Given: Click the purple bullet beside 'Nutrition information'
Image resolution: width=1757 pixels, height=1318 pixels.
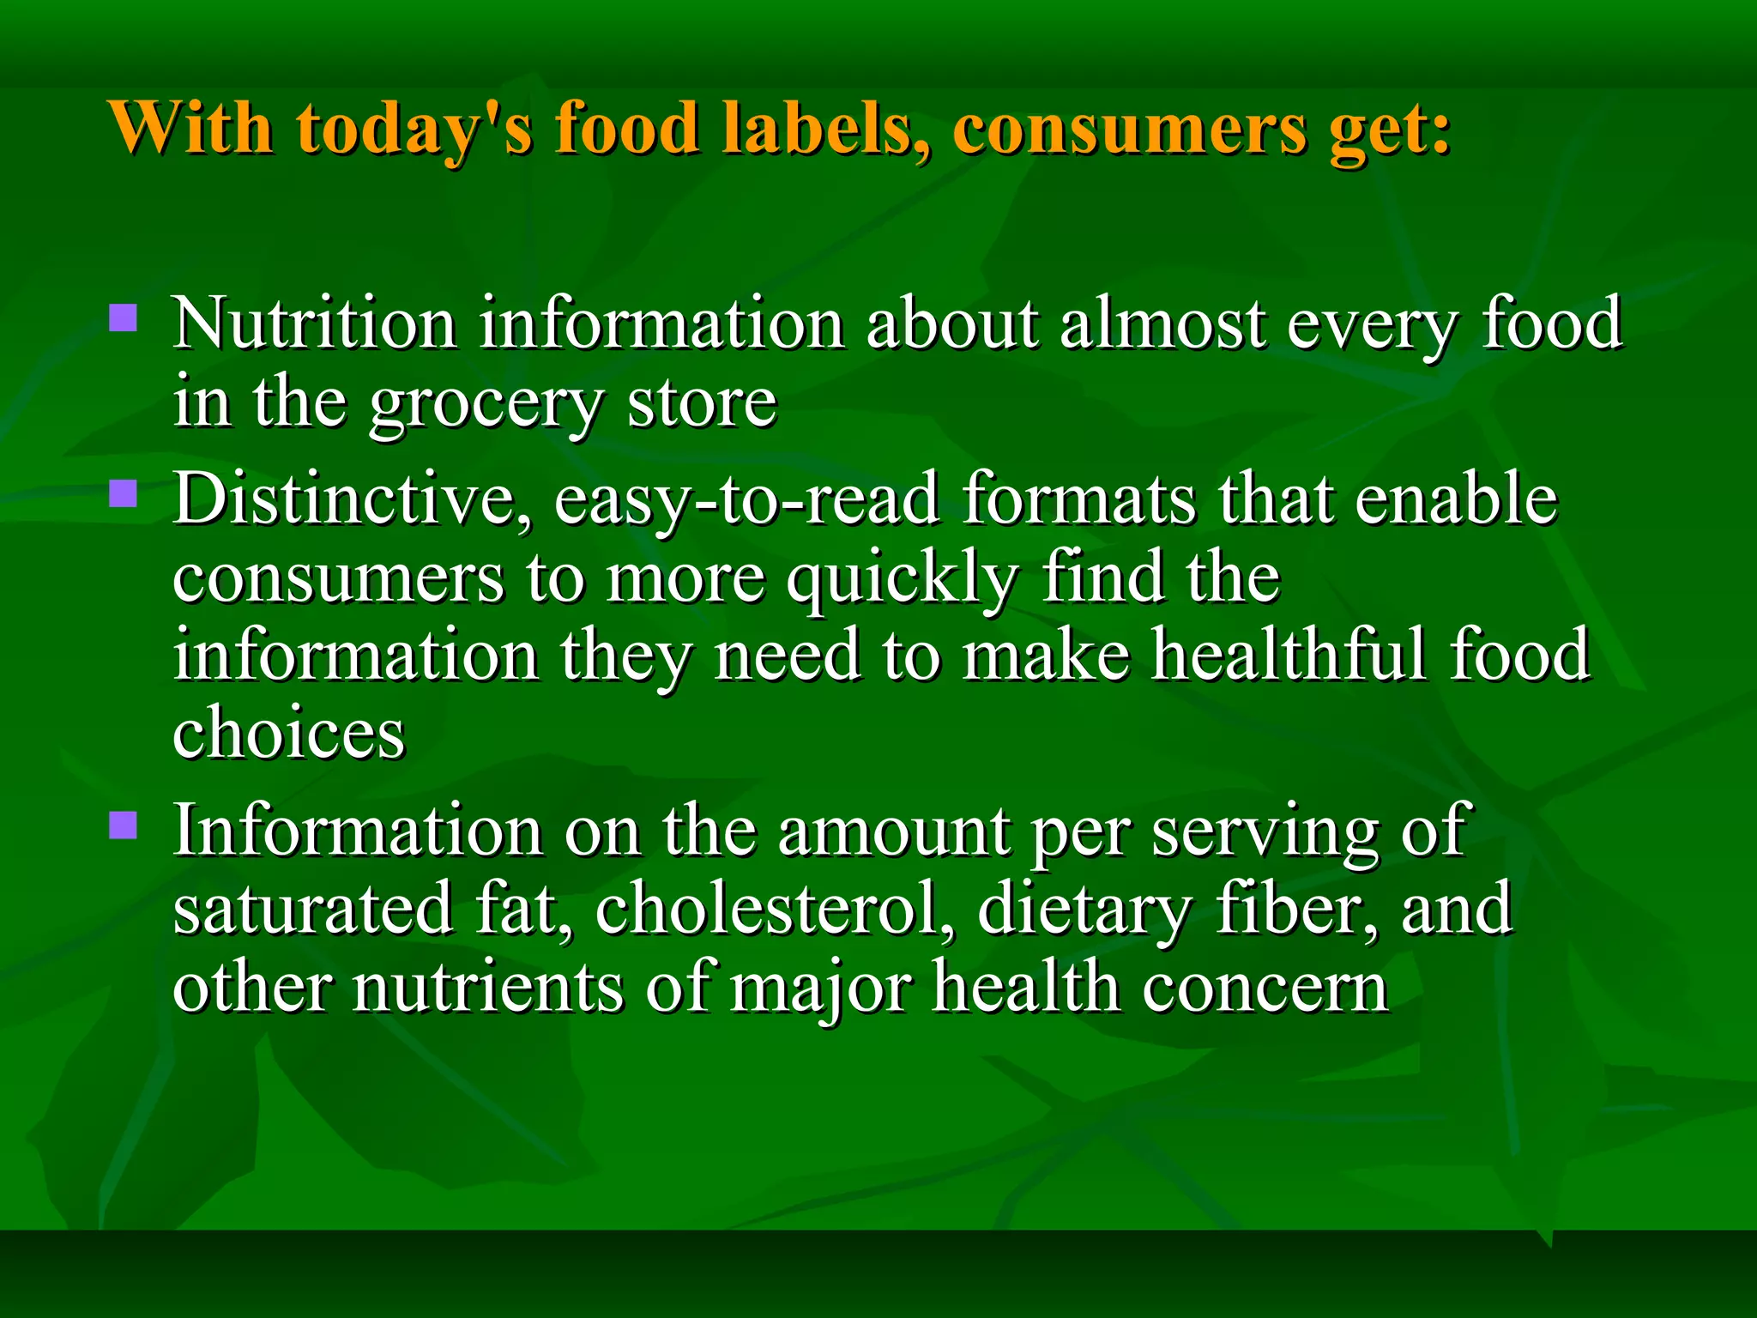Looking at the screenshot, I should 124,318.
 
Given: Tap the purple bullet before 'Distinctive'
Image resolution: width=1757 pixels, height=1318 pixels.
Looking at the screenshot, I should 124,494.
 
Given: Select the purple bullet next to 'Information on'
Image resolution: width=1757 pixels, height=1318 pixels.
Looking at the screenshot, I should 124,825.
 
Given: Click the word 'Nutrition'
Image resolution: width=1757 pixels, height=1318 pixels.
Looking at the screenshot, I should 314,324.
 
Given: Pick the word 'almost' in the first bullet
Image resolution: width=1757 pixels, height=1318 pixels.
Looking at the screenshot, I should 1162,324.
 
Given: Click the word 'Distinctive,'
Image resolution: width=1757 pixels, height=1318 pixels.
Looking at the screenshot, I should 352,499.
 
